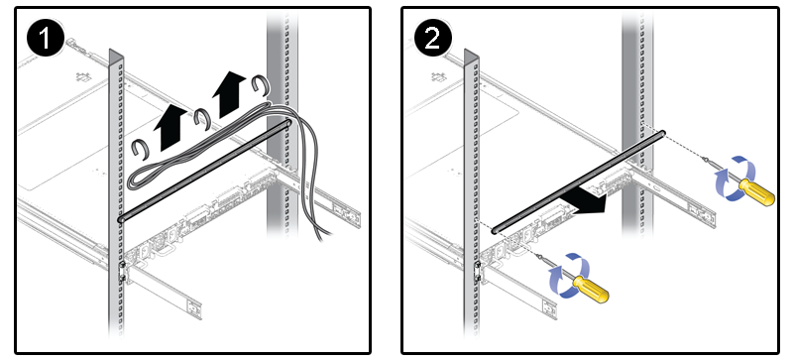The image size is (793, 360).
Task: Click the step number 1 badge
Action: click(46, 39)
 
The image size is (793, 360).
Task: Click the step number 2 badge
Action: click(432, 39)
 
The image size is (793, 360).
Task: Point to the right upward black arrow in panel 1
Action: click(228, 93)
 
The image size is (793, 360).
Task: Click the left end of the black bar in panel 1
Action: click(121, 220)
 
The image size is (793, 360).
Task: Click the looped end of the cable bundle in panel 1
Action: click(134, 180)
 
